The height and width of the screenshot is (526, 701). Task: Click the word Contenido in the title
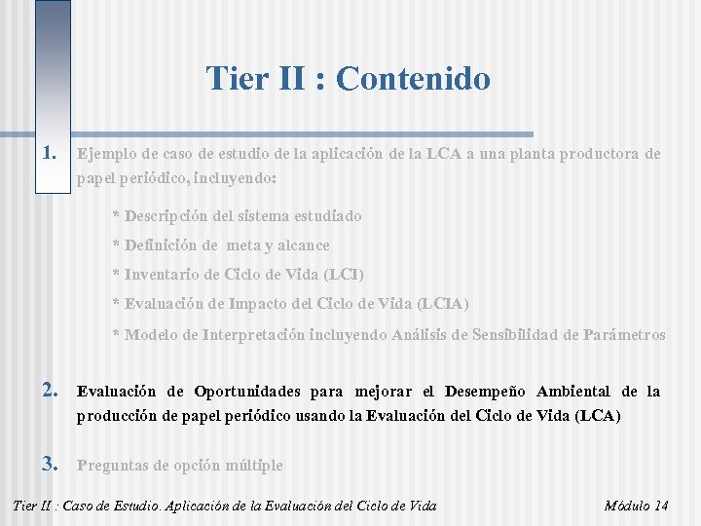click(413, 79)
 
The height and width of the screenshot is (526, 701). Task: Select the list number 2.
click(53, 392)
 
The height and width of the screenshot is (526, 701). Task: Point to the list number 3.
click(53, 465)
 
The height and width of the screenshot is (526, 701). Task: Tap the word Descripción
click(168, 215)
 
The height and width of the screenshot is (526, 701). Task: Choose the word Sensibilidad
click(526, 335)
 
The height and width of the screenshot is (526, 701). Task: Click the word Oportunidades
click(248, 392)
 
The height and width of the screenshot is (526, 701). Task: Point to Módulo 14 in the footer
click(636, 506)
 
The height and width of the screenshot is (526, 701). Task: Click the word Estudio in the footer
click(134, 506)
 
